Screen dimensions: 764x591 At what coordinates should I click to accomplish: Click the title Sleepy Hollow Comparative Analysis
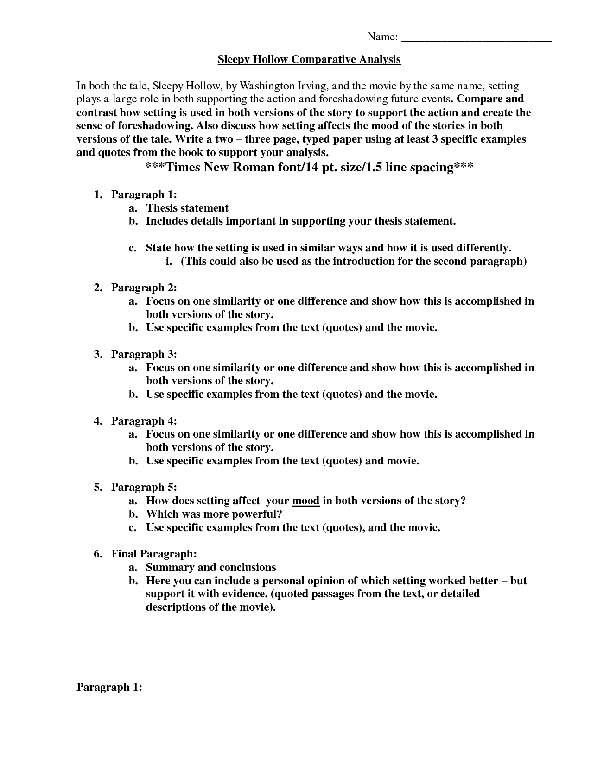point(309,59)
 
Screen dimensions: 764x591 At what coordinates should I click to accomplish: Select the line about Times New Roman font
point(309,167)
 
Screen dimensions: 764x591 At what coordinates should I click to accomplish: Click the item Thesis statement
point(187,208)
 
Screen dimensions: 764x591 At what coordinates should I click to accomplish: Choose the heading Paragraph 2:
point(144,288)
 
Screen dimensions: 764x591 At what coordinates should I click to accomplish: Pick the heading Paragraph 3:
point(144,354)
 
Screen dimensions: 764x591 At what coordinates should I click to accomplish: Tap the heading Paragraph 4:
point(144,421)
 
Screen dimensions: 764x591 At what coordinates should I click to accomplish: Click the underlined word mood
point(305,501)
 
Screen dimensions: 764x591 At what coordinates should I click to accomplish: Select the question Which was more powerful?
point(214,514)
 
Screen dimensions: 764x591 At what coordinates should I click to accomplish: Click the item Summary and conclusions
point(211,567)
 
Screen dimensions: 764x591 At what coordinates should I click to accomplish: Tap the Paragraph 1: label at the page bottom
point(109,687)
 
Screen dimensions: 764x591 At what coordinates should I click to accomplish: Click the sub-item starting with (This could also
point(354,261)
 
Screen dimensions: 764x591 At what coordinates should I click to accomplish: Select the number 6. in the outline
point(98,554)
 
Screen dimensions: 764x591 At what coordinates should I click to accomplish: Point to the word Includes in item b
point(166,221)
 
